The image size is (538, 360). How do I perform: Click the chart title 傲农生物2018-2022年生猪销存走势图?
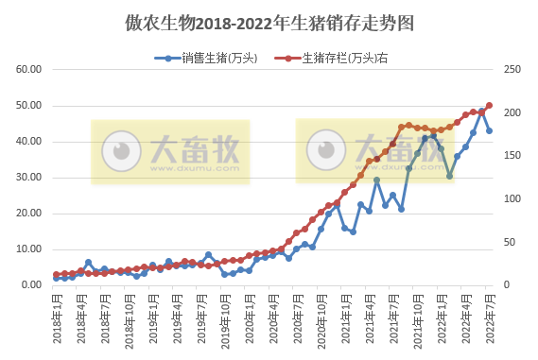tap(269, 21)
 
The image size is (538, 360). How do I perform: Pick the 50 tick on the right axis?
tap(512, 242)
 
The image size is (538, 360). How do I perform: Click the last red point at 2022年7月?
tap(489, 106)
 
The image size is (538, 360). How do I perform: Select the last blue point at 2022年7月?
tap(489, 131)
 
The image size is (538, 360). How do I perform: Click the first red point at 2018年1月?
tap(56, 275)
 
